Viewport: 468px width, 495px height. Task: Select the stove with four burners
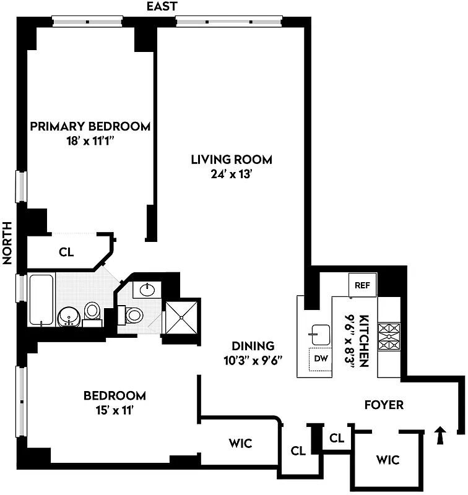[391, 337]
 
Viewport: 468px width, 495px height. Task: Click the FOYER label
[384, 405]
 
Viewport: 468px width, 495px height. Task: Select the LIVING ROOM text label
[231, 160]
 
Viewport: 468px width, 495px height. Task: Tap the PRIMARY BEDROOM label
[90, 127]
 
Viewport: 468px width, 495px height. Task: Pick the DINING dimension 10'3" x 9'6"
[253, 359]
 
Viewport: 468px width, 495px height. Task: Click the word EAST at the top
[162, 7]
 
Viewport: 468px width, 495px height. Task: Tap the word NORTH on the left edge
[8, 243]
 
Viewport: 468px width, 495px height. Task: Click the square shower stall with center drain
[182, 317]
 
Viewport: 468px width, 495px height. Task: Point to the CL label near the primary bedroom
[66, 252]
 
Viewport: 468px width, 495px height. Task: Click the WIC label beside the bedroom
[241, 443]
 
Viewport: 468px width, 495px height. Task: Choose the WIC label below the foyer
[387, 460]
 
